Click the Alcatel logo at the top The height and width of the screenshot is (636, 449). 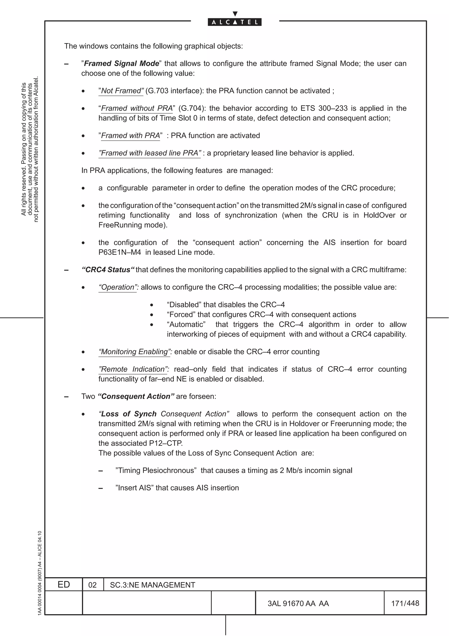(235, 22)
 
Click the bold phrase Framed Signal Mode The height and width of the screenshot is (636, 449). (121, 63)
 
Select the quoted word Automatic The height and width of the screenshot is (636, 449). (186, 324)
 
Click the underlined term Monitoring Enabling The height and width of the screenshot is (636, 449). (135, 352)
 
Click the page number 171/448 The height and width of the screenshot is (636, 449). (405, 603)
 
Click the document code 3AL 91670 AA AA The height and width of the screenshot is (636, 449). (298, 604)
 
